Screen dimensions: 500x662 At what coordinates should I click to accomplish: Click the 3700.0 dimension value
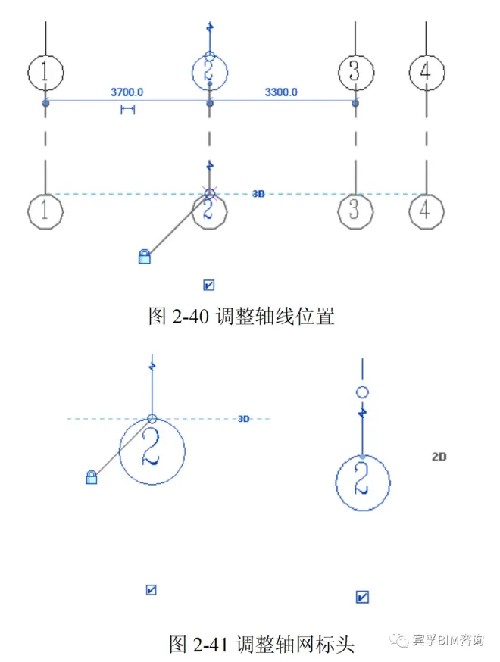[x=127, y=92]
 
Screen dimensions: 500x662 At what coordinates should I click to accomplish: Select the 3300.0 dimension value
[x=281, y=92]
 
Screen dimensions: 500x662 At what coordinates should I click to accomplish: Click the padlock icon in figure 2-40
[x=145, y=256]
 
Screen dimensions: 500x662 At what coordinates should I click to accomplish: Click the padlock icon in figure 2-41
[x=91, y=477]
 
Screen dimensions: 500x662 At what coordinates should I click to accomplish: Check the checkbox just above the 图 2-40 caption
[x=208, y=286]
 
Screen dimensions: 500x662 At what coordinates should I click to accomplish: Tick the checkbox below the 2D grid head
[x=362, y=597]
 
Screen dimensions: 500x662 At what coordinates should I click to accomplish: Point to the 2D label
[x=439, y=457]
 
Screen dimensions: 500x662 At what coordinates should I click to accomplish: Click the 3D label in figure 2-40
[x=258, y=194]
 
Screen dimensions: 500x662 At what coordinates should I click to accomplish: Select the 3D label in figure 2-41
[x=244, y=419]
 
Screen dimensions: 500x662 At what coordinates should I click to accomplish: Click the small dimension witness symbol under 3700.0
[x=127, y=110]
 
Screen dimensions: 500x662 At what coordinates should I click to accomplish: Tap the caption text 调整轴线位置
[x=275, y=316]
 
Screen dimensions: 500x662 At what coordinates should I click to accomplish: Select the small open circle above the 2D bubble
[x=362, y=392]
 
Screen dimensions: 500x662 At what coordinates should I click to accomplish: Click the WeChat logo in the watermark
[x=399, y=640]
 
